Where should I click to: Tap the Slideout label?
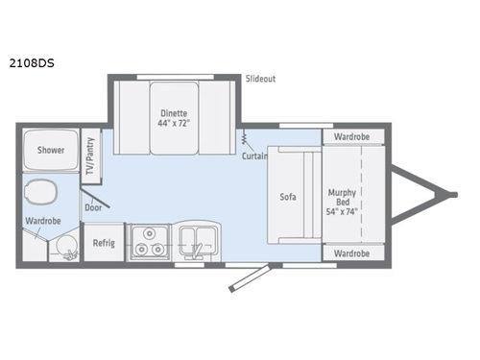click(x=259, y=79)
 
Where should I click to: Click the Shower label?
click(x=51, y=151)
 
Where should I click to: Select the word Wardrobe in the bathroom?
click(x=44, y=222)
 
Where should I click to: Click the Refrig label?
click(x=104, y=243)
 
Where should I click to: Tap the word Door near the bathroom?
click(x=93, y=206)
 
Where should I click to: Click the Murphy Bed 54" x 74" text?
click(x=341, y=198)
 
